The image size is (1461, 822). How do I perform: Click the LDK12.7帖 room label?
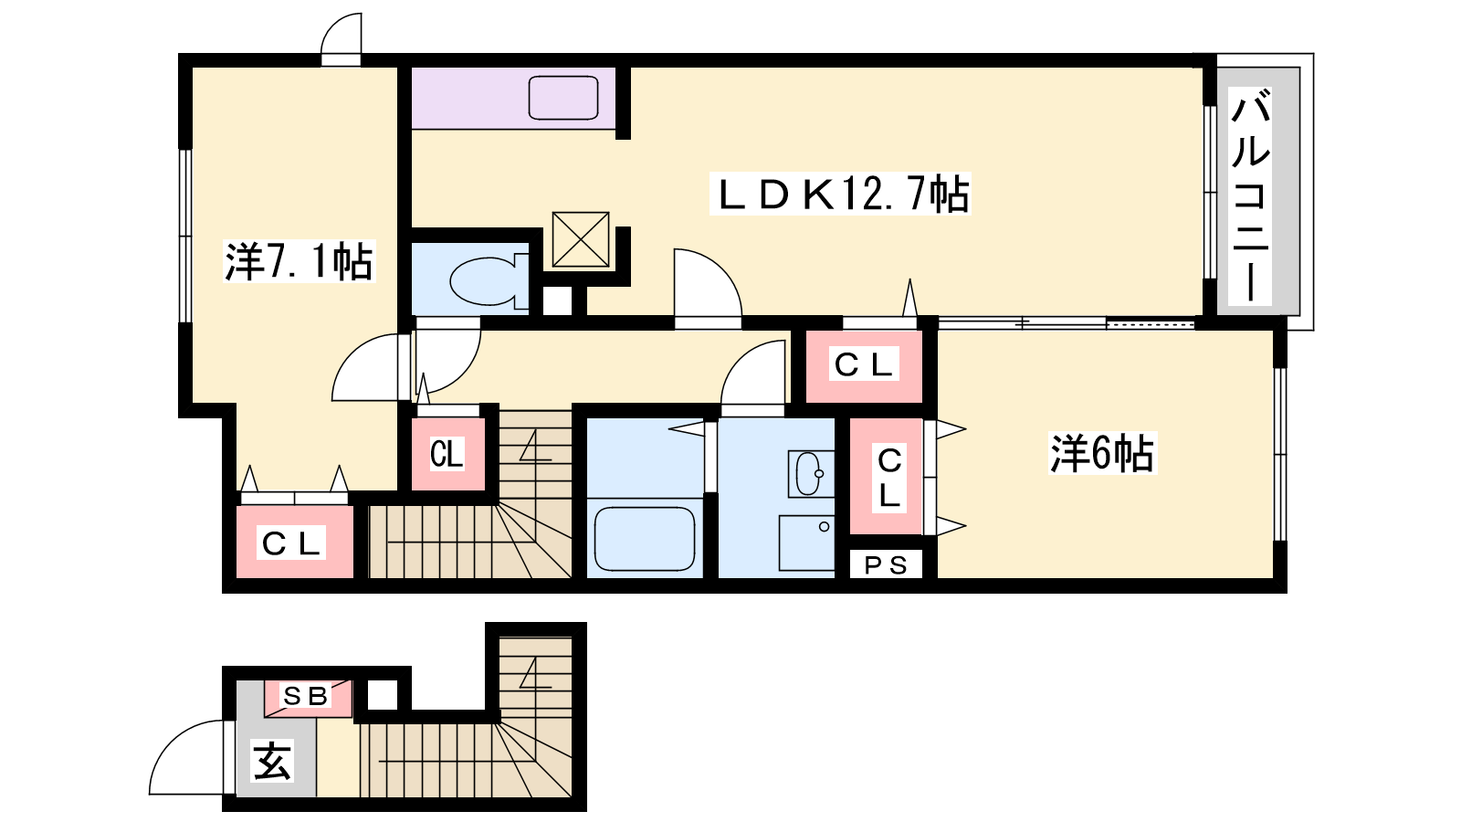[x=840, y=194]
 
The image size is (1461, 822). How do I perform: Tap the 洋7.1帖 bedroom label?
[x=299, y=261]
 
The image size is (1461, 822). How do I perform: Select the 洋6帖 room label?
[x=1101, y=453]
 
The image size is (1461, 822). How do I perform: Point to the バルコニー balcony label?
[x=1250, y=196]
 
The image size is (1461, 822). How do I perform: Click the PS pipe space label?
[x=886, y=565]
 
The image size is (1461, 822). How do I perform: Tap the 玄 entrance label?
[x=272, y=761]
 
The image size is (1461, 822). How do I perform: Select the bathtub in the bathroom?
[x=645, y=539]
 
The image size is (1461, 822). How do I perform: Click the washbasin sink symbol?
[x=810, y=474]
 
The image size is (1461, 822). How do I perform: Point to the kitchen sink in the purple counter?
[x=563, y=98]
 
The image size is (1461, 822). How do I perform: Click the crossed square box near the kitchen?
[x=581, y=239]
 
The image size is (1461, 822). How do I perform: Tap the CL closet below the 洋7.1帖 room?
[x=294, y=543]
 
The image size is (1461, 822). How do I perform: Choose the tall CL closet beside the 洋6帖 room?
[x=887, y=476]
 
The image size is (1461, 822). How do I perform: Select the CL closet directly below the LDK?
[x=864, y=366]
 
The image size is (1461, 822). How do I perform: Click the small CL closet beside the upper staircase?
[x=447, y=453]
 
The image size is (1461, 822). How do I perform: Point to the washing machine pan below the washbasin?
[x=807, y=543]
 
